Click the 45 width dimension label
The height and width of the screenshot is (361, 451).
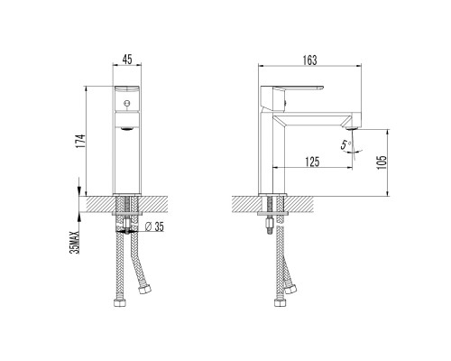point(127,60)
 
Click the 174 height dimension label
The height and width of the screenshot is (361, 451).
point(80,141)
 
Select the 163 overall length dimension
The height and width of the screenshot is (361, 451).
point(309,60)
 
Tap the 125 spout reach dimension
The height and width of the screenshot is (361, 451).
point(312,162)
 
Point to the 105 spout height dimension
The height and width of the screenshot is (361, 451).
point(382,162)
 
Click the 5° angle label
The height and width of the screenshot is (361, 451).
point(345,144)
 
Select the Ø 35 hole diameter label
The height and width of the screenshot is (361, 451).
point(154,227)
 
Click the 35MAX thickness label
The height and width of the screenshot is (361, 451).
point(75,242)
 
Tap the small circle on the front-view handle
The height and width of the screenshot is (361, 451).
point(127,103)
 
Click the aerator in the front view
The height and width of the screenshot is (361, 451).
point(127,129)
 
